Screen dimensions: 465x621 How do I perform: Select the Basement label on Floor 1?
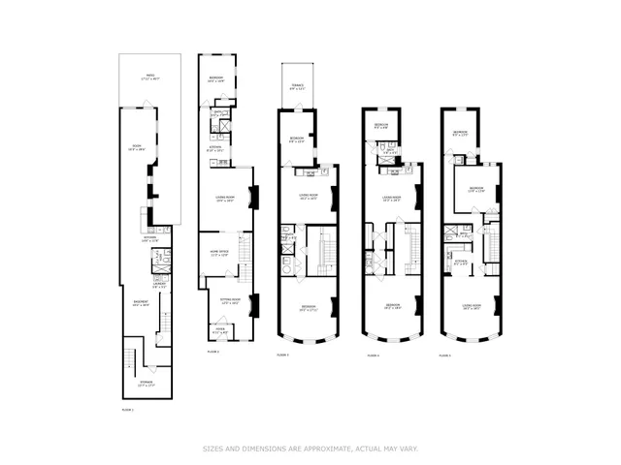point(139,302)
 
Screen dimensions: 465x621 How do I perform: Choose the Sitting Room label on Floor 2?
point(230,301)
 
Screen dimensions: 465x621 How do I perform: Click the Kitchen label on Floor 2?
point(215,149)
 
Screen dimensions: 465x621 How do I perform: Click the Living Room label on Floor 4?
point(392,196)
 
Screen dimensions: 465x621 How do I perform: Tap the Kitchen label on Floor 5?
point(462,260)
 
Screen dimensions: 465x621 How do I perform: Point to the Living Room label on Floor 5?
point(473,306)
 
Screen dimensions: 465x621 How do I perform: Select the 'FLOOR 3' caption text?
point(282,356)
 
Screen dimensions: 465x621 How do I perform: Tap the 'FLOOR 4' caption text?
point(373,356)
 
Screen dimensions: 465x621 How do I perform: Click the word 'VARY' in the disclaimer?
point(409,448)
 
